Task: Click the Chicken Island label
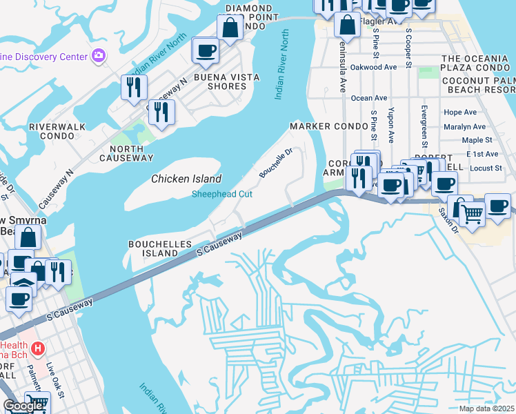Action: coord(186,179)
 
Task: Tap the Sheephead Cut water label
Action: coord(222,195)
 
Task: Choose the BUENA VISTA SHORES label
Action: coord(220,81)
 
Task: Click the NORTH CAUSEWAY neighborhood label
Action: coord(126,152)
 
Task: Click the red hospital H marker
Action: coord(38,349)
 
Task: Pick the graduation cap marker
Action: coord(21,285)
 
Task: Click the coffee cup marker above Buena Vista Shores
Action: coord(206,50)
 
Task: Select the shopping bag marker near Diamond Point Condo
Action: coord(230,28)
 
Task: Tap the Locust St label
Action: coord(486,168)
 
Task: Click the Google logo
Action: coord(23,406)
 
